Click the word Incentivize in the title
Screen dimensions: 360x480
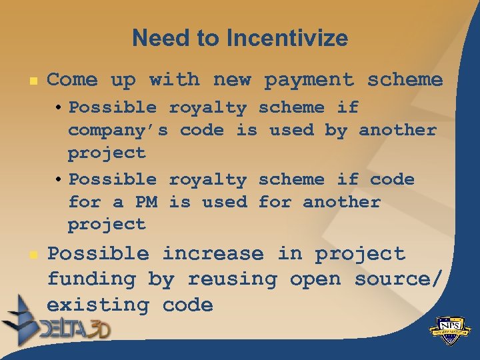pos(287,38)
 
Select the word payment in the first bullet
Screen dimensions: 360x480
pos(309,80)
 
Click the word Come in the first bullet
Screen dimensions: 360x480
pos(72,80)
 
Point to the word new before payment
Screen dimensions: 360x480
pos(231,80)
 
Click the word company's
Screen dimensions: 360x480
pos(118,130)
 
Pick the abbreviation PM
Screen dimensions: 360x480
pos(146,202)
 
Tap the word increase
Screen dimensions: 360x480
pos(213,254)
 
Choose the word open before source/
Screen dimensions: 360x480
pos(315,279)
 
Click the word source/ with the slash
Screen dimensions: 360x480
pos(397,279)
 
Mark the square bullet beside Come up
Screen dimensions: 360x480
pos(30,81)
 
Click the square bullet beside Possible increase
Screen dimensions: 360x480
pos(30,255)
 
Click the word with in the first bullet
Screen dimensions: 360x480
pos(174,80)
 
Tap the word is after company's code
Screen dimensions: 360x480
pos(247,130)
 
